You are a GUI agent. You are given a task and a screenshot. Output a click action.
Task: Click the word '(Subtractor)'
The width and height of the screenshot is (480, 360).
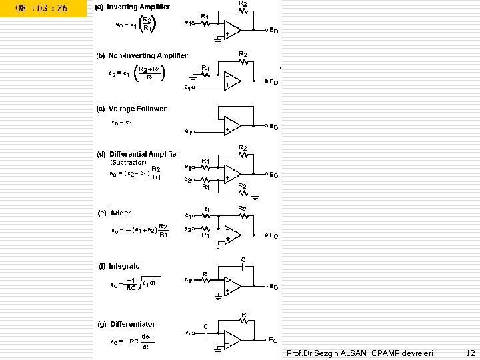(128, 162)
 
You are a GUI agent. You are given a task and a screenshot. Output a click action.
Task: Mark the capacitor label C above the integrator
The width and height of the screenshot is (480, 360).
(243, 259)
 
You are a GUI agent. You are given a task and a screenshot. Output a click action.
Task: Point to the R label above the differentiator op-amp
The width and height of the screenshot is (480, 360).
(244, 314)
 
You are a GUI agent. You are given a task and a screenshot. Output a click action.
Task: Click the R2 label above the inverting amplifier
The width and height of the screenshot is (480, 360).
(243, 4)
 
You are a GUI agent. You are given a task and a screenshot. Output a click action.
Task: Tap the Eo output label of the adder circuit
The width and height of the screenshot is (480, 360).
(273, 235)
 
